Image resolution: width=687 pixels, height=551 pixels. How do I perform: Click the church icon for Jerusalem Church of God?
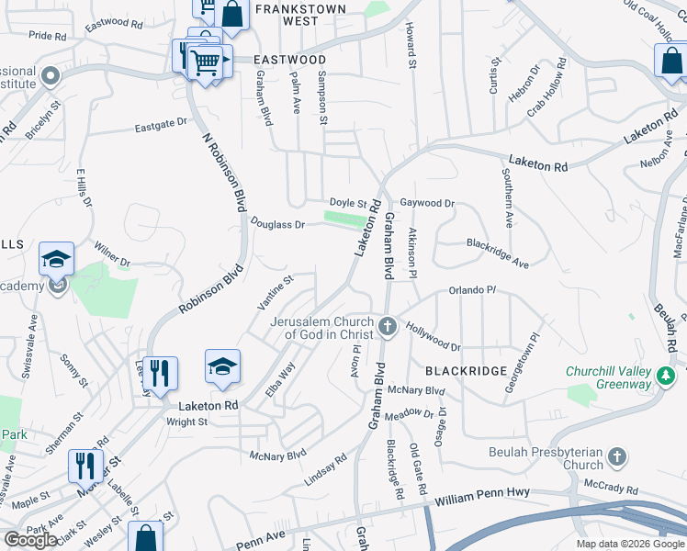click(x=388, y=324)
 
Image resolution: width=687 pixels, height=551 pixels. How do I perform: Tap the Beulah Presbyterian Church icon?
click(x=618, y=456)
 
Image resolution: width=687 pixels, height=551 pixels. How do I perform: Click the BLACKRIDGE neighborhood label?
click(x=466, y=370)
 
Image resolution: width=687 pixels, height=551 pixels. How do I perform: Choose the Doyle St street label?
click(x=348, y=203)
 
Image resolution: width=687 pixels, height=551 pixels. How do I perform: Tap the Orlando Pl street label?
click(x=472, y=291)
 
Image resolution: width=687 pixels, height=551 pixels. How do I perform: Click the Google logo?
click(x=30, y=540)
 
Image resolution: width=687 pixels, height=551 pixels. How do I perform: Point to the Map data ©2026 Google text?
click(x=629, y=544)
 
